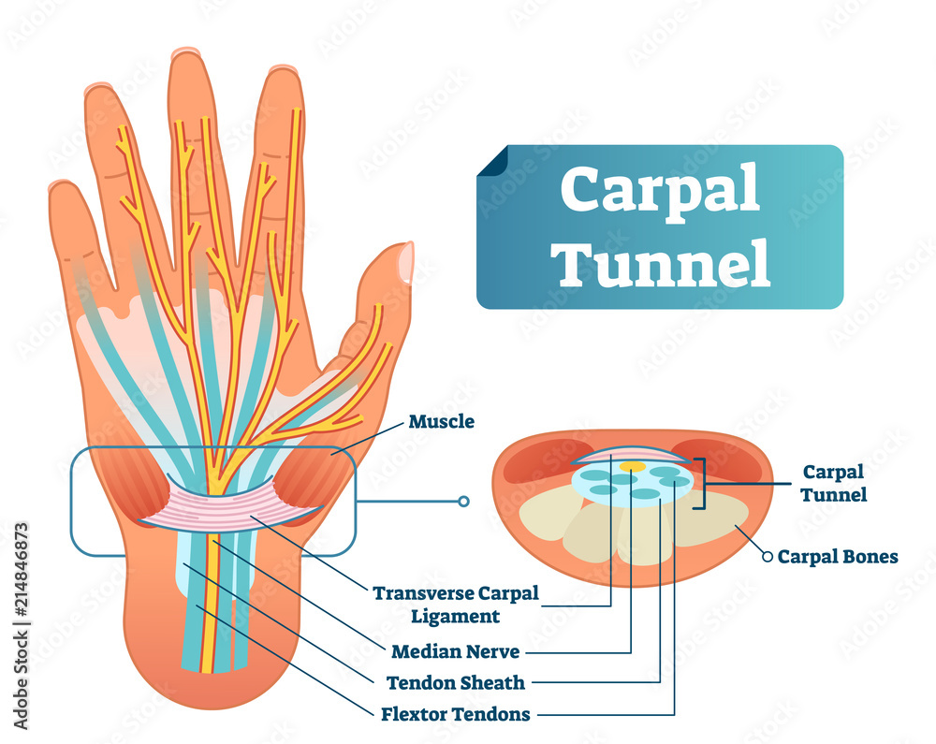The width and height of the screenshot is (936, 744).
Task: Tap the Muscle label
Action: tap(441, 422)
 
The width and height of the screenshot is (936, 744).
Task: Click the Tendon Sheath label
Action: tap(459, 682)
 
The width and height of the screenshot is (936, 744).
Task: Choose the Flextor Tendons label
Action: tap(456, 714)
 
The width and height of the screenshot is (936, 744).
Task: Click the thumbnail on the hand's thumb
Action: tap(405, 261)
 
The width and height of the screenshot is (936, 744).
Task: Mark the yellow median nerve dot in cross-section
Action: tap(632, 465)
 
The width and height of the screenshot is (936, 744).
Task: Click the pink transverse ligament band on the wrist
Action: tap(234, 505)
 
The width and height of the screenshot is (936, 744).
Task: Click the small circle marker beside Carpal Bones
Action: tap(768, 557)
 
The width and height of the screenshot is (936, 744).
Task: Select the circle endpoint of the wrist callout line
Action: tap(462, 502)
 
